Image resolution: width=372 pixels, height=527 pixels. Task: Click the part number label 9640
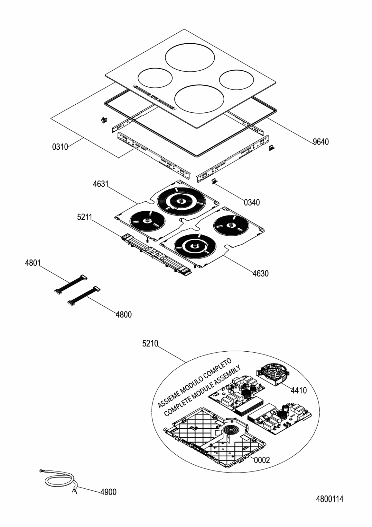(320, 142)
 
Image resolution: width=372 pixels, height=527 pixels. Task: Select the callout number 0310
(60, 147)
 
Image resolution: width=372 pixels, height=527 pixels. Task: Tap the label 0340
(252, 202)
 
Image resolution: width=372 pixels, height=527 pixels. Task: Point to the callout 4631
(101, 184)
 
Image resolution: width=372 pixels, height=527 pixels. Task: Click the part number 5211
(85, 217)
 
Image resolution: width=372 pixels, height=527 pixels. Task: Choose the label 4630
(261, 273)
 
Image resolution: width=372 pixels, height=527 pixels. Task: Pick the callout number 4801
(33, 263)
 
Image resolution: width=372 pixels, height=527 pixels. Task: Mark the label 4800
(124, 314)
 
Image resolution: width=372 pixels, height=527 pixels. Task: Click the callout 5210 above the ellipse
(150, 344)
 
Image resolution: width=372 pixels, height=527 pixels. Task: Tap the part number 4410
(299, 391)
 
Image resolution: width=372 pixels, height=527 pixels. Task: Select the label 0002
(262, 460)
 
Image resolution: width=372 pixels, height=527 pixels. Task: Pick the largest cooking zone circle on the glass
(190, 57)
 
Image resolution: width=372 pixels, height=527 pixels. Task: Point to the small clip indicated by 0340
(215, 182)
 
